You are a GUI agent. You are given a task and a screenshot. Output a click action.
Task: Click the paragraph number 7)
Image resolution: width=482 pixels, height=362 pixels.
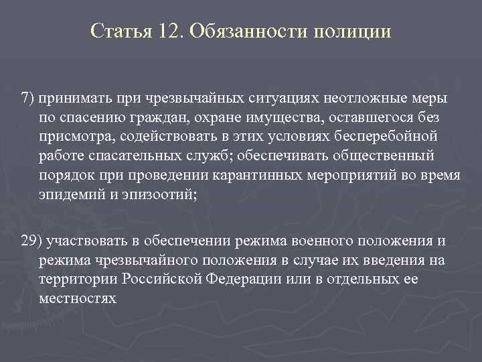pyautogui.click(x=28, y=99)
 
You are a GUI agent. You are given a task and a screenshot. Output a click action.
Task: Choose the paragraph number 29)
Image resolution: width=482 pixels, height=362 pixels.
pyautogui.click(x=31, y=241)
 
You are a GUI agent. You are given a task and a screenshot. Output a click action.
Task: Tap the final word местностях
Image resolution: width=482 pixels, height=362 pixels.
pyautogui.click(x=78, y=299)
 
